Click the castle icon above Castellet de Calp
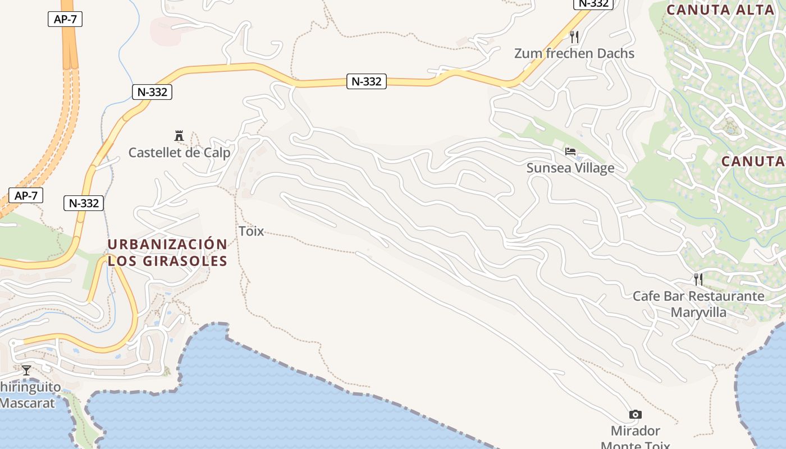tap(179, 136)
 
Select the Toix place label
tap(251, 231)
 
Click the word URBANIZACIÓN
tap(167, 245)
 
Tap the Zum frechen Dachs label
tap(574, 53)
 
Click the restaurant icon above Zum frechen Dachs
tap(574, 37)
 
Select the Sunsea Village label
tap(570, 168)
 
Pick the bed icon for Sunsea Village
tap(570, 152)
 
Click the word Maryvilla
tap(698, 312)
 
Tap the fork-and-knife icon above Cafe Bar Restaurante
tap(698, 279)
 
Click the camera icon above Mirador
tap(636, 415)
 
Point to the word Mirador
tap(636, 431)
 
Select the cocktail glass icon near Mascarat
tap(26, 370)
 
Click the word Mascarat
tap(28, 403)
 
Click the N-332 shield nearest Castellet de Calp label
tap(152, 92)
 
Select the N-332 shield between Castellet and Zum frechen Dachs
tap(366, 81)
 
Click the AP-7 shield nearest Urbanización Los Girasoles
tap(26, 196)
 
